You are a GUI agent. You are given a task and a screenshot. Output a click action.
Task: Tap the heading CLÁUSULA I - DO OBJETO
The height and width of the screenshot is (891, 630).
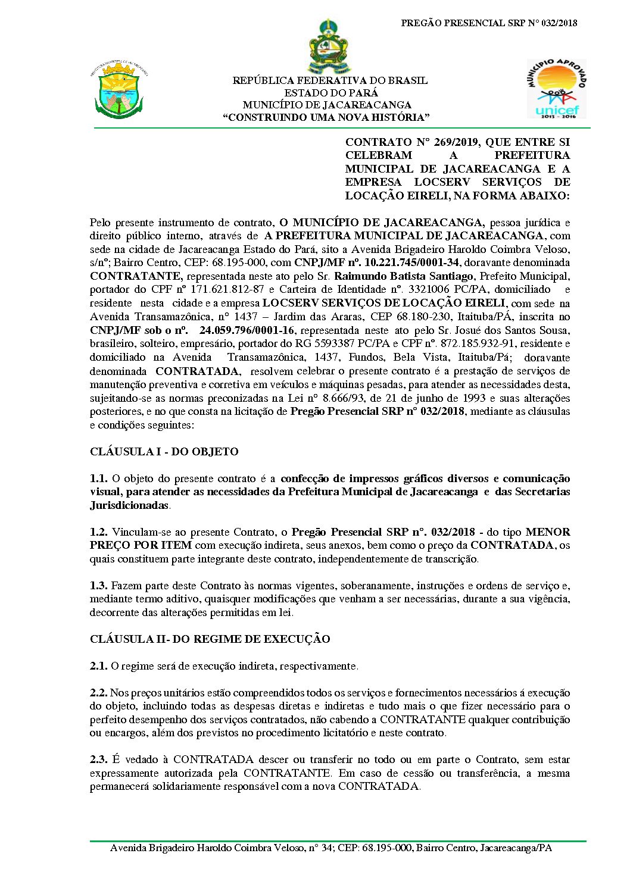pyautogui.click(x=164, y=452)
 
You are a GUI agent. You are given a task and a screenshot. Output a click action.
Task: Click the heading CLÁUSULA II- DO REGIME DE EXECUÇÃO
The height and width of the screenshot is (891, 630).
pyautogui.click(x=210, y=639)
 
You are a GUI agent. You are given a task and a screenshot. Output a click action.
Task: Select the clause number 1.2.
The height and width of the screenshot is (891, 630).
pyautogui.click(x=98, y=532)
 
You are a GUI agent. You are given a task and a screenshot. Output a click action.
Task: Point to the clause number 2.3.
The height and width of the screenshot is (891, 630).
pyautogui.click(x=98, y=759)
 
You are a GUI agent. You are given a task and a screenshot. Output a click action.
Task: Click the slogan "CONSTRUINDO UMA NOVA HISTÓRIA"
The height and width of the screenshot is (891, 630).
pyautogui.click(x=326, y=118)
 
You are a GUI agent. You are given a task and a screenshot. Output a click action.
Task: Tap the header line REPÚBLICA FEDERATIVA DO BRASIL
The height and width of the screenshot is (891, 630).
pyautogui.click(x=330, y=80)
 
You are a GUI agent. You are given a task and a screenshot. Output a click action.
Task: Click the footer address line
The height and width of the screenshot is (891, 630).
pyautogui.click(x=330, y=848)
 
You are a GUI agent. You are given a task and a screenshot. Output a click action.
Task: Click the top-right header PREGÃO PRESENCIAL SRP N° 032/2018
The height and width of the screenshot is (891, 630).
pyautogui.click(x=489, y=23)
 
